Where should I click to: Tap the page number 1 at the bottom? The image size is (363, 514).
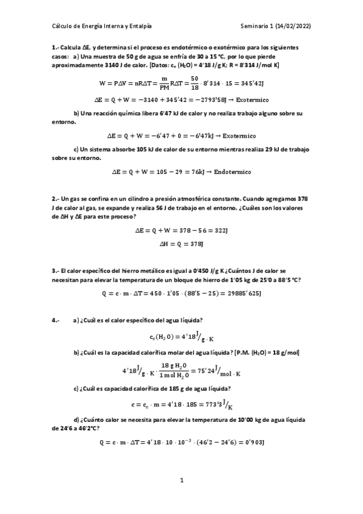click(x=181, y=481)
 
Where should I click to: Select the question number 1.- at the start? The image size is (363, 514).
click(x=56, y=47)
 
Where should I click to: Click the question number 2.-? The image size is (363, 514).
click(x=56, y=199)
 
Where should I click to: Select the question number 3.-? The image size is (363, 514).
click(x=56, y=270)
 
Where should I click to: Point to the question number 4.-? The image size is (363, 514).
click(x=56, y=320)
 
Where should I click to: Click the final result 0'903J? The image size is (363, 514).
click(x=250, y=443)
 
